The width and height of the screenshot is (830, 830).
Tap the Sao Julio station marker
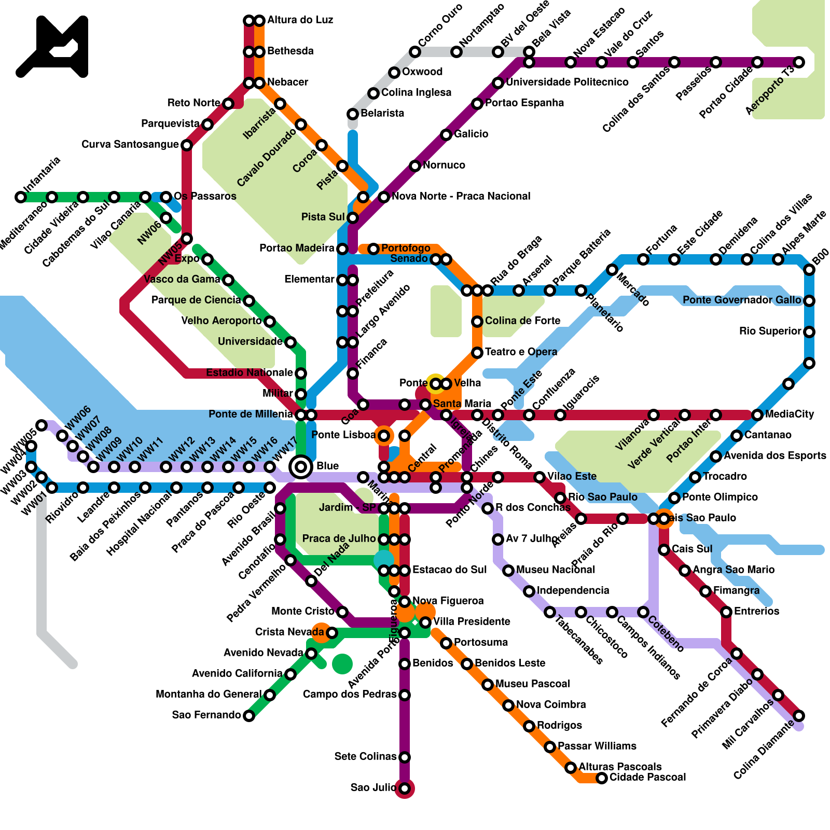pyautogui.click(x=405, y=789)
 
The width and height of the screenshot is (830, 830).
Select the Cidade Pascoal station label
pyautogui.click(x=647, y=777)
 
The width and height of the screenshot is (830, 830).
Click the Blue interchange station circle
pyautogui.click(x=301, y=467)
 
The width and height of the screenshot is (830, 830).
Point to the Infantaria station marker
pyautogui.click(x=21, y=197)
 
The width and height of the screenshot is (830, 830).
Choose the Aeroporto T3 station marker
pyautogui.click(x=799, y=62)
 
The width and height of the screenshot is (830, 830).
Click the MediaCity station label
pyautogui.click(x=790, y=414)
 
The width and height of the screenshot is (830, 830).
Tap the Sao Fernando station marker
pyautogui.click(x=249, y=716)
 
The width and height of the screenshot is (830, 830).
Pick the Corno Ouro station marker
pyautogui.click(x=414, y=51)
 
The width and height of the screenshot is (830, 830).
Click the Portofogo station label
pyautogui.click(x=406, y=248)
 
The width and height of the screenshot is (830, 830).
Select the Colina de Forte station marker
pyautogui.click(x=477, y=322)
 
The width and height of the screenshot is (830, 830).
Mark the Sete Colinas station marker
pyautogui.click(x=405, y=757)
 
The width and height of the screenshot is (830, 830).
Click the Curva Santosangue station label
pyautogui.click(x=130, y=144)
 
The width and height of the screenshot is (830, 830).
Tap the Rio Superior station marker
pyautogui.click(x=809, y=332)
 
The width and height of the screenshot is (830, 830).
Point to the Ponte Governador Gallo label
pyautogui.click(x=742, y=300)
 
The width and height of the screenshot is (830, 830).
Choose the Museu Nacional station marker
pyautogui.click(x=508, y=571)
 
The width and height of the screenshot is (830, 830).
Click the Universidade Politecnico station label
pyautogui.click(x=567, y=82)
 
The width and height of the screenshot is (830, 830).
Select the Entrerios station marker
pyautogui.click(x=726, y=612)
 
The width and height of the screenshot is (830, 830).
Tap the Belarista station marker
pyautogui.click(x=353, y=114)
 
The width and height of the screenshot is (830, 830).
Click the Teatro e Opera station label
pyautogui.click(x=521, y=352)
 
